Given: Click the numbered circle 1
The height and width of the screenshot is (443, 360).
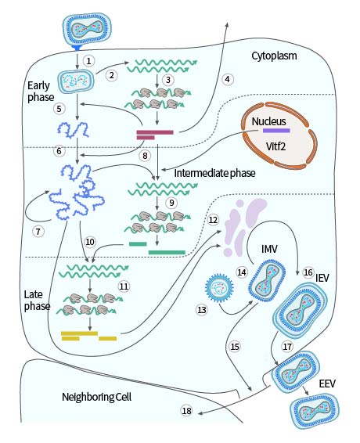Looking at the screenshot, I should [89, 59].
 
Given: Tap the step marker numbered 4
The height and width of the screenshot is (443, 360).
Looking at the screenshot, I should [227, 79].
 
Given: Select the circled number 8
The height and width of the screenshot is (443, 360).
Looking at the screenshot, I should [144, 155].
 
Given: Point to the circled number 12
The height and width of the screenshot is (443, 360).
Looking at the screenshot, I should [213, 220].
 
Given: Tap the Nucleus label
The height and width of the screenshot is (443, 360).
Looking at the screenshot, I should [270, 122].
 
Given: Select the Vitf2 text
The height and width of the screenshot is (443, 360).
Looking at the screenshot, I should [269, 145].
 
